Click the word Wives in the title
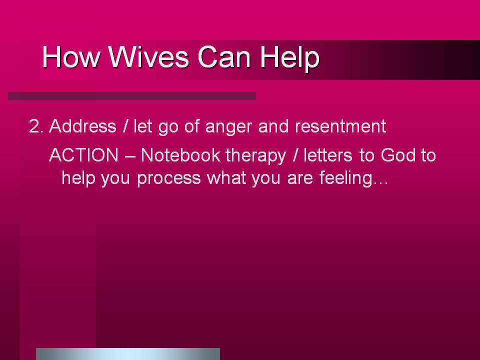pyautogui.click(x=148, y=56)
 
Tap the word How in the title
pyautogui.click(x=71, y=56)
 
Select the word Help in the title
pyautogui.click(x=290, y=58)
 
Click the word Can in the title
pyautogui.click(x=224, y=56)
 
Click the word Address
pyautogui.click(x=82, y=126)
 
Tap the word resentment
pyautogui.click(x=340, y=126)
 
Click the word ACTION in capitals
pyautogui.click(x=83, y=155)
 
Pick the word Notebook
pyautogui.click(x=180, y=155)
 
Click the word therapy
pyautogui.click(x=255, y=156)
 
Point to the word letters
pyautogui.click(x=328, y=155)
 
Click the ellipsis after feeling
pyautogui.click(x=381, y=183)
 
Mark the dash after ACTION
pyautogui.click(x=130, y=156)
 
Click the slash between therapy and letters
pyautogui.click(x=295, y=155)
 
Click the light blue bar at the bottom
pyautogui.click(x=128, y=354)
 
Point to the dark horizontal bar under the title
pyautogui.click(x=132, y=96)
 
